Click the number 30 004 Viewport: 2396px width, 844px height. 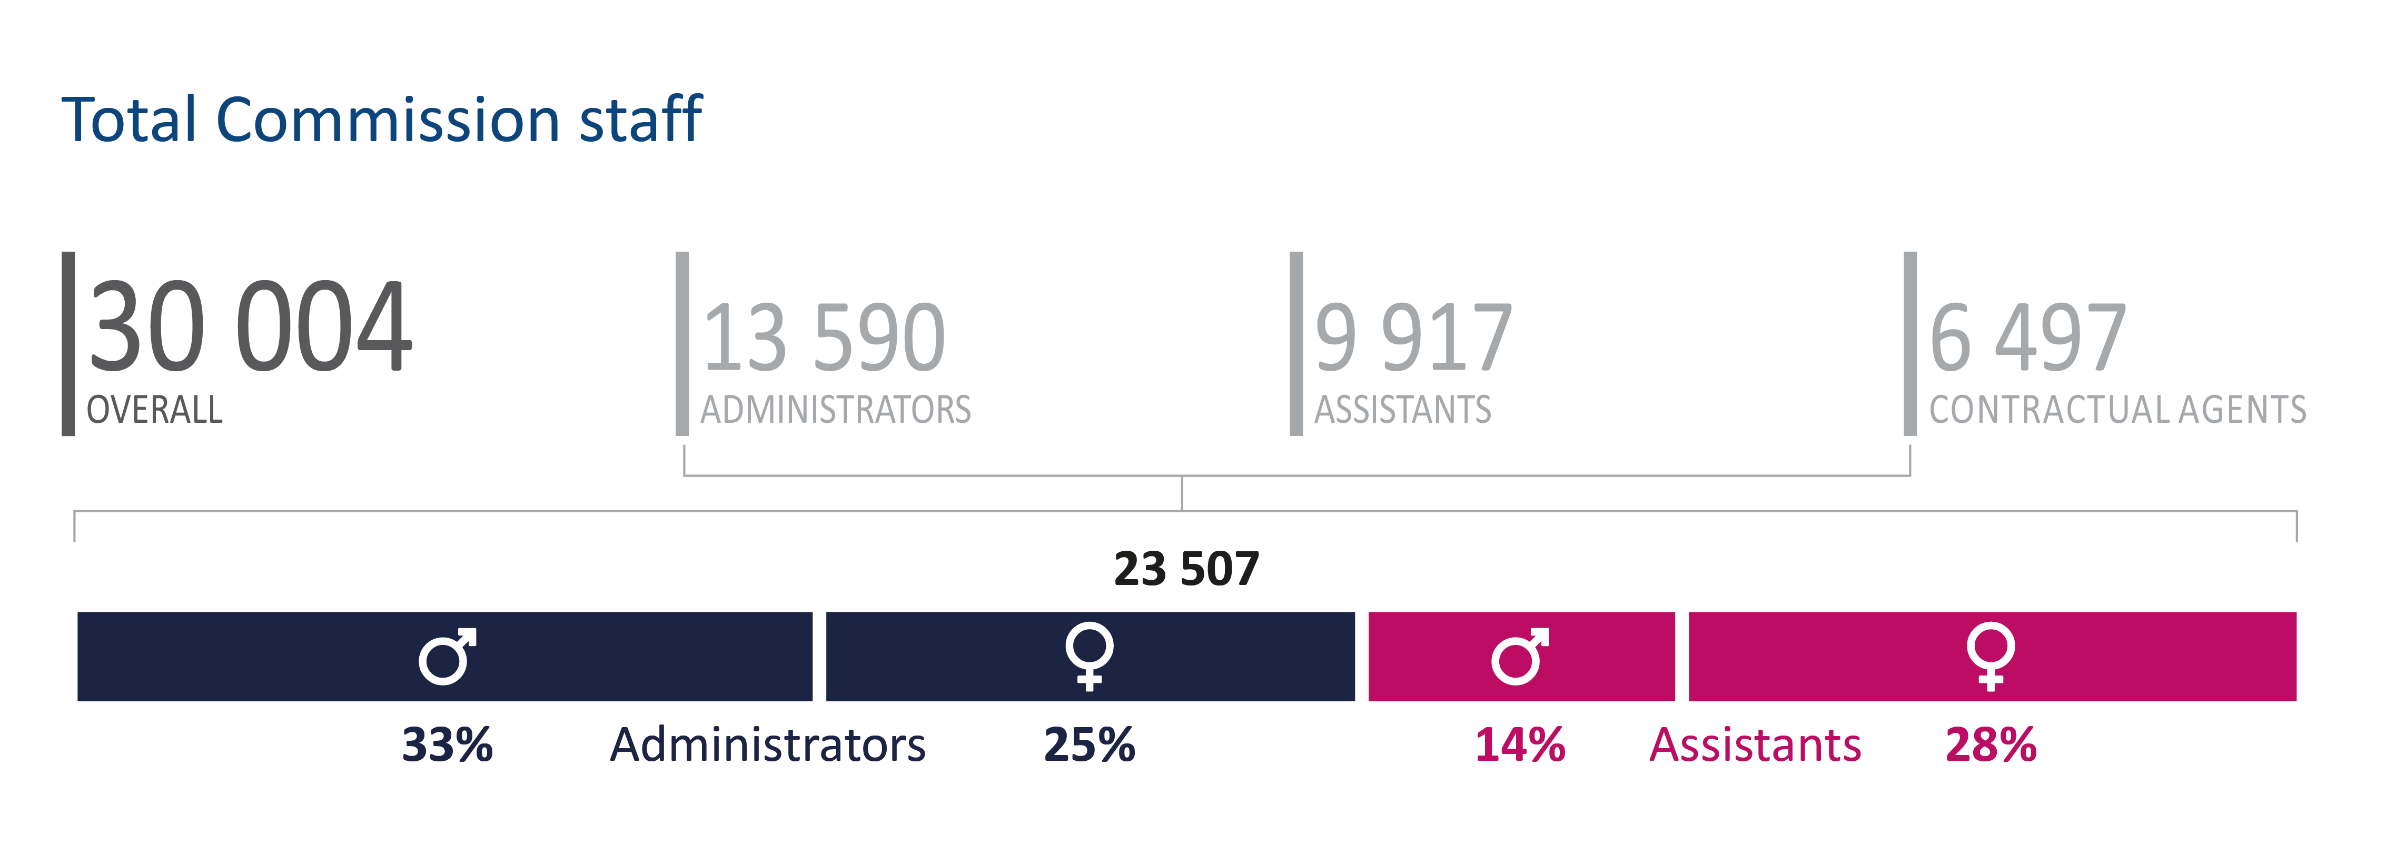click(x=249, y=327)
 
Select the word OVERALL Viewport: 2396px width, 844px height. click(x=154, y=410)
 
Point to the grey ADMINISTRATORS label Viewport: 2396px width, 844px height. click(x=835, y=410)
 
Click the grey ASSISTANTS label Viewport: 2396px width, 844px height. click(x=1402, y=410)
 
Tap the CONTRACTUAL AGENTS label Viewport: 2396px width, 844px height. click(x=2117, y=410)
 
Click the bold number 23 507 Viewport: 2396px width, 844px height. click(x=1186, y=569)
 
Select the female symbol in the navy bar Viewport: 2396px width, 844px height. click(x=1089, y=656)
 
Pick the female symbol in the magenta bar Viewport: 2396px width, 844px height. click(x=1991, y=656)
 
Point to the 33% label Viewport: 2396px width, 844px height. click(x=448, y=744)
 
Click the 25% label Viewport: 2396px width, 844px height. click(x=1089, y=744)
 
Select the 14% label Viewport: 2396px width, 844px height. click(x=1520, y=744)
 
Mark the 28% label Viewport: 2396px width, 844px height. click(x=1991, y=744)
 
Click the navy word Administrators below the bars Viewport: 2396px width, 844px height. click(x=767, y=744)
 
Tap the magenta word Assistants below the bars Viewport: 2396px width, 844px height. click(x=1755, y=744)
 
